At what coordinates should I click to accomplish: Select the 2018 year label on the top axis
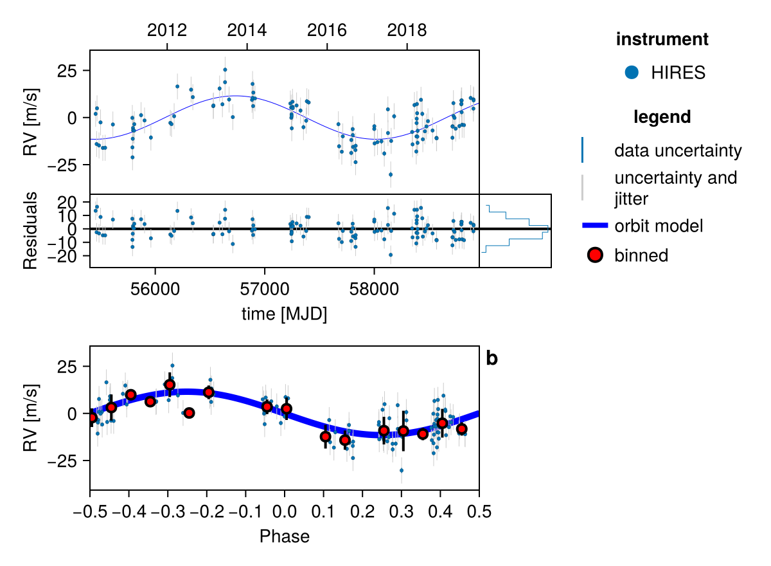(x=407, y=30)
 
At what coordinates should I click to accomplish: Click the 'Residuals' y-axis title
(x=31, y=230)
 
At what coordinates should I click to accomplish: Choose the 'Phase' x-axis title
(x=284, y=536)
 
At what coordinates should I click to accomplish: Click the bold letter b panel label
(x=492, y=359)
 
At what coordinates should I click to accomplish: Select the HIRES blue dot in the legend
(x=632, y=73)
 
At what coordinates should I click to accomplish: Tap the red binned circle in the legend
(x=596, y=255)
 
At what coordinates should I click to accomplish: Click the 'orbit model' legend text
(x=659, y=226)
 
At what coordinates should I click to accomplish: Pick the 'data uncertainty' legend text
(x=678, y=151)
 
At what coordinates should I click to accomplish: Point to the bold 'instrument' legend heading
(x=662, y=39)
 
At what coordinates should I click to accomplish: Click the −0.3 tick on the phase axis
(x=168, y=511)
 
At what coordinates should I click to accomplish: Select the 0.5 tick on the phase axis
(x=479, y=511)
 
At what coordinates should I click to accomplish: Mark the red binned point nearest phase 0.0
(x=287, y=408)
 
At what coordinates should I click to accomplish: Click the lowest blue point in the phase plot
(x=402, y=470)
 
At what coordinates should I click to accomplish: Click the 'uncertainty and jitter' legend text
(x=675, y=188)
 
